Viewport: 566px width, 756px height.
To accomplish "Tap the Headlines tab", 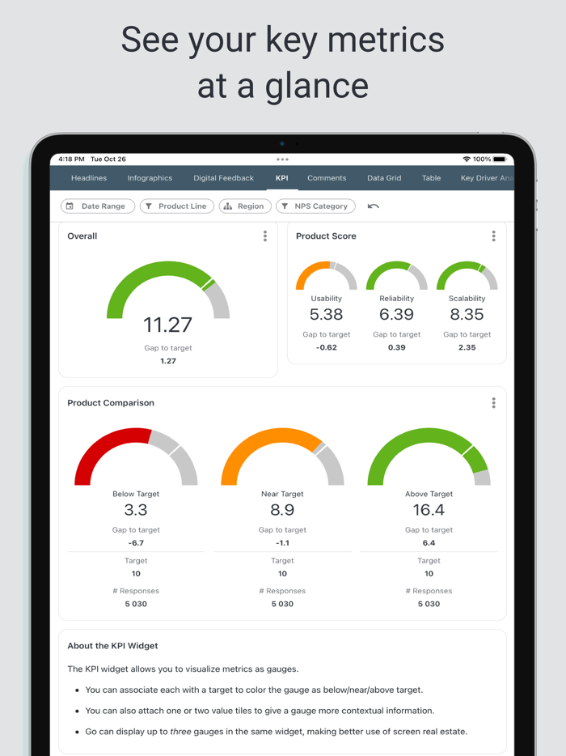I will coord(89,178).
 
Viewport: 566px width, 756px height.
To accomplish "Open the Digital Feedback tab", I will coord(223,178).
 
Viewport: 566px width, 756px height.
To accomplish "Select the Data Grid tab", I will coord(384,178).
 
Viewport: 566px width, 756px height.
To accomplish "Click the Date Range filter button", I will coord(96,206).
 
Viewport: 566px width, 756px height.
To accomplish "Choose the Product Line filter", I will coord(175,206).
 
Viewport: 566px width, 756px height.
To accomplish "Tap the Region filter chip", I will coord(244,206).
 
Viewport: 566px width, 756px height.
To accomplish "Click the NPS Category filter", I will coord(315,206).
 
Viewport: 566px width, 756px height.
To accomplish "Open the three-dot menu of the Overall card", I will coord(265,236).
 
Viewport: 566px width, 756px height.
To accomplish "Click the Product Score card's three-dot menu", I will coord(493,236).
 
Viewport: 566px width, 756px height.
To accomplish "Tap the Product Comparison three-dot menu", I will coord(493,403).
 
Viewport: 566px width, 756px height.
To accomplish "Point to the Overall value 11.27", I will coord(168,325).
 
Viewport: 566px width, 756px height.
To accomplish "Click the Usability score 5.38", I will coord(327,315).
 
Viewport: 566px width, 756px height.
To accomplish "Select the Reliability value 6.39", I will coord(396,315).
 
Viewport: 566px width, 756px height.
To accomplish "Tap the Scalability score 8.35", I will coord(467,315).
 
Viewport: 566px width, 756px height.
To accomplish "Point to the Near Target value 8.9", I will coord(282,510).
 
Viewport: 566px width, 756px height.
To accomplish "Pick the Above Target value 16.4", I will coord(429,510).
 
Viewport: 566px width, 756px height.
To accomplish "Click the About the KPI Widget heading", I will coord(112,646).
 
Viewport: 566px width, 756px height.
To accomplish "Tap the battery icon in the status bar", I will coord(500,159).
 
